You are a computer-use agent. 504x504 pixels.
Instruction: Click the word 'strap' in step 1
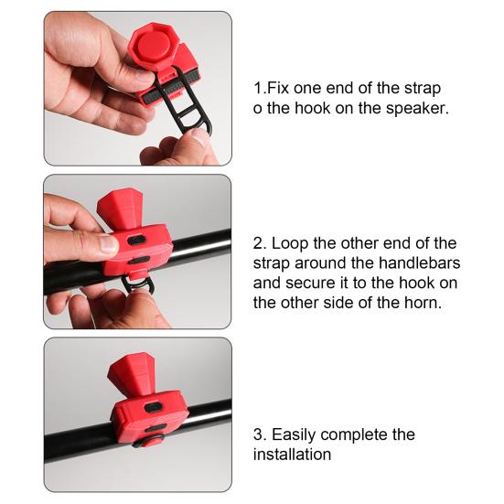(x=422, y=89)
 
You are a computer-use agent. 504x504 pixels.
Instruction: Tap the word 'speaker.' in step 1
(x=417, y=108)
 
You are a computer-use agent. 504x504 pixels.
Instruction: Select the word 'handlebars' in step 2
(x=419, y=263)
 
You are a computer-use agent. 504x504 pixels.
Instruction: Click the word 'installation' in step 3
(x=292, y=455)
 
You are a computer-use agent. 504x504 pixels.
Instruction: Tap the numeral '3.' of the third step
(x=260, y=434)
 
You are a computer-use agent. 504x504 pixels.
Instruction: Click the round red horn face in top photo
(x=152, y=45)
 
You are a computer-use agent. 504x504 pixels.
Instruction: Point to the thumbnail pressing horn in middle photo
(x=108, y=243)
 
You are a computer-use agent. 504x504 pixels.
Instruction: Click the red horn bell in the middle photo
(x=121, y=209)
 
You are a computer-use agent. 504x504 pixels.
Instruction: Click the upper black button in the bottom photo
(x=152, y=408)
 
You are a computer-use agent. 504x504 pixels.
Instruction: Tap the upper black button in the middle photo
(x=135, y=241)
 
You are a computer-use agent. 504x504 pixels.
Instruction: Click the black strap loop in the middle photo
(x=139, y=284)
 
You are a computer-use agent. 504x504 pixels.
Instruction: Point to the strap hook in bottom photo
(x=148, y=441)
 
